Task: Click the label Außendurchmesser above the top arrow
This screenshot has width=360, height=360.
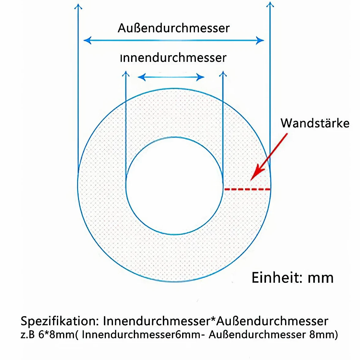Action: (174, 28)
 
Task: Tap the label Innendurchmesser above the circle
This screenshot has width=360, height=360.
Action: (173, 58)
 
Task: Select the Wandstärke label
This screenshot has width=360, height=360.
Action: (315, 123)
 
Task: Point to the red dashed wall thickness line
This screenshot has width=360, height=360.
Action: (247, 189)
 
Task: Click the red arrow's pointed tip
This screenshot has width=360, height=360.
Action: (251, 181)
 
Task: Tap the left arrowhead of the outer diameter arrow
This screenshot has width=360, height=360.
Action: (88, 40)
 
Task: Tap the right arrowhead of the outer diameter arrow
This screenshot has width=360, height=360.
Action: (260, 40)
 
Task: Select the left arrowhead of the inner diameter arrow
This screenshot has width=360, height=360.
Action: (141, 77)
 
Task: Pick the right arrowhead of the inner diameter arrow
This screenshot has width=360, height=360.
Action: (201, 77)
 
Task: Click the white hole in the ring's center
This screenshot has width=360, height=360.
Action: (174, 186)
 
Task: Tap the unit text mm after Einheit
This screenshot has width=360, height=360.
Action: (321, 278)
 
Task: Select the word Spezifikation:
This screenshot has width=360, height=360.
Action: (60, 321)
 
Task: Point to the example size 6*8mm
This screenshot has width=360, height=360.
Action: (57, 335)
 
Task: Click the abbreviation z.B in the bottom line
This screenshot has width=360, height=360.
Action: (28, 335)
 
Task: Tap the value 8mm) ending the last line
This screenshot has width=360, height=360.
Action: (324, 335)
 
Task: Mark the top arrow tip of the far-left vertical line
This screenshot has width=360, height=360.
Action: (78, 4)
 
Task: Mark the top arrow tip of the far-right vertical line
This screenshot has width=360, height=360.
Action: (270, 2)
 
